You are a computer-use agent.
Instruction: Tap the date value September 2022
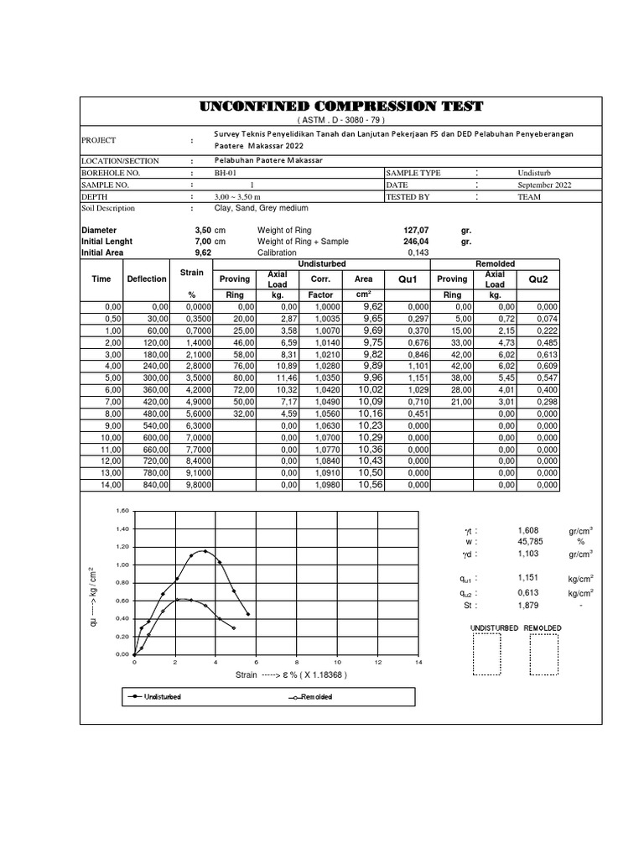tap(544, 185)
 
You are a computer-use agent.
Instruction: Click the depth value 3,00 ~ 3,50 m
tap(239, 196)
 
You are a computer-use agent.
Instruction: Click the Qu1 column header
tap(408, 279)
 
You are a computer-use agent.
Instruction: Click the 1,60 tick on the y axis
tap(122, 511)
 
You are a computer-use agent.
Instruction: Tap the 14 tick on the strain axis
tap(418, 663)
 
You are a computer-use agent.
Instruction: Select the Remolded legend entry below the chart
tap(310, 697)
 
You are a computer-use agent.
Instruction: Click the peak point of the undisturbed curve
tap(205, 551)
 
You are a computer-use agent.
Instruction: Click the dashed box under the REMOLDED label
tap(543, 654)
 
